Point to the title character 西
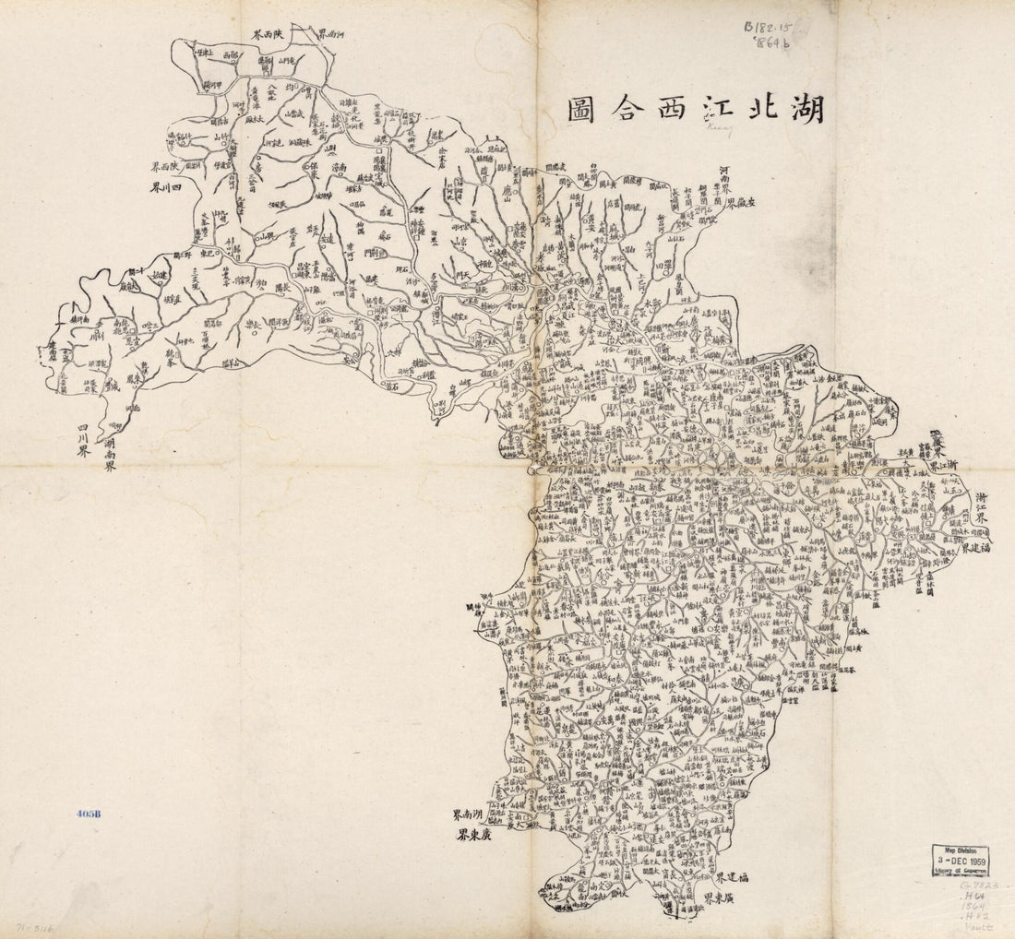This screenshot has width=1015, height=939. [x=639, y=109]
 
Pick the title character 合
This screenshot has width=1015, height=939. [x=585, y=109]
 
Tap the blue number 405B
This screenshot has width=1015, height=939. [x=89, y=814]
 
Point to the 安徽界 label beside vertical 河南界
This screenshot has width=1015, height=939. [x=744, y=204]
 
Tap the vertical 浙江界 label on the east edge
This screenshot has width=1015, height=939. [x=982, y=513]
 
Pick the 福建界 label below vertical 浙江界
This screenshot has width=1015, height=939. [x=974, y=547]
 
